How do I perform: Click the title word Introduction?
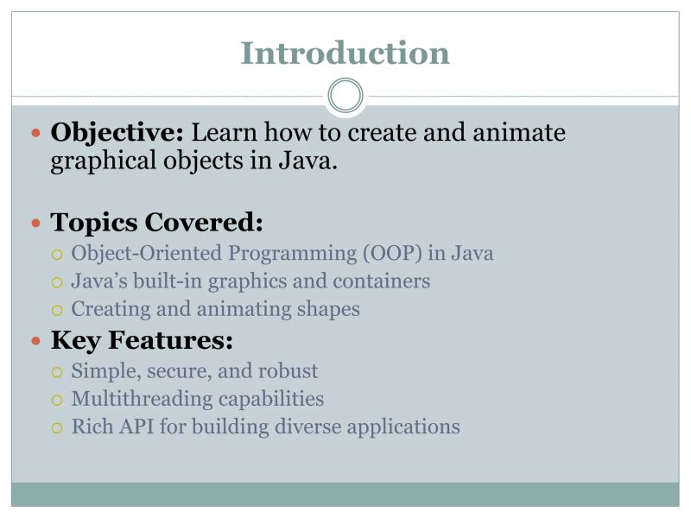(345, 53)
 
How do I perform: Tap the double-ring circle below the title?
(345, 96)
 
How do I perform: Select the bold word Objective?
(117, 133)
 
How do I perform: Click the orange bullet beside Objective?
(35, 134)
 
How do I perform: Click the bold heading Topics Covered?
(156, 223)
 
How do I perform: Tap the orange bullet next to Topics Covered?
(35, 224)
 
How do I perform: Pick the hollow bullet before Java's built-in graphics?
(57, 282)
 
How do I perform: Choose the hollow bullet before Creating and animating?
(57, 310)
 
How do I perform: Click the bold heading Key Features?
(142, 341)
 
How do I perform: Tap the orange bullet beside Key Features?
(35, 342)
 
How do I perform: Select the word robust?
(289, 371)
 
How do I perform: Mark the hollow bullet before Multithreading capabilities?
(57, 400)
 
